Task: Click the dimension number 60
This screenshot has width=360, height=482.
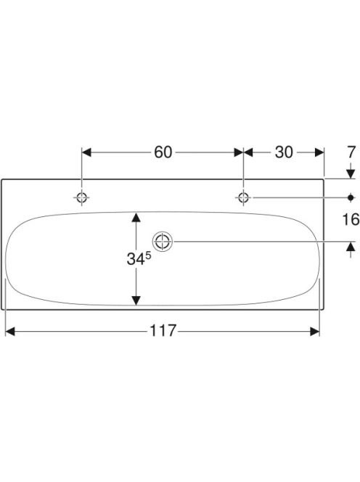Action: pos(163,152)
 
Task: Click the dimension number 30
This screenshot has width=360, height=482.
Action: pos(284,152)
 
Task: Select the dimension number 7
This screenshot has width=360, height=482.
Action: pos(351,152)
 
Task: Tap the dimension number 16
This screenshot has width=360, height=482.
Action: pos(351,219)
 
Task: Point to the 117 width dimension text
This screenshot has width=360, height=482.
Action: pos(163,331)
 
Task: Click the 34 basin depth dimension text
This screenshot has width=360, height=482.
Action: pos(136,259)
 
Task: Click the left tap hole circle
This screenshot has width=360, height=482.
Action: pos(82,197)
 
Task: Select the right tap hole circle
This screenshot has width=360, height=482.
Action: pos(243,197)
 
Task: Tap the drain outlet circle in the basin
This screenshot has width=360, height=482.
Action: pos(163,241)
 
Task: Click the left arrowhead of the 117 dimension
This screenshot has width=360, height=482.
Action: pos(10,331)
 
